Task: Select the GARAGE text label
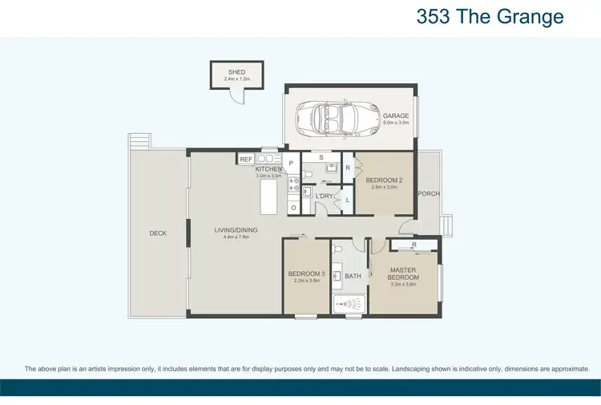[395, 115]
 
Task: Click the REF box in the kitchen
[246, 160]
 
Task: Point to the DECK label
[158, 233]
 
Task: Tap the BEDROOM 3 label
[306, 274]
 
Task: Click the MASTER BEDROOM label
[405, 273]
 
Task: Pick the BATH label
[353, 276]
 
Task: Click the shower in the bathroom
[349, 304]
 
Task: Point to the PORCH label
[429, 193]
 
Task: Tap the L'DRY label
[325, 196]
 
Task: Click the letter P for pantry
[292, 163]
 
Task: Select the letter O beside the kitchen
[292, 207]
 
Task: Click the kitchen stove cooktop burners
[292, 186]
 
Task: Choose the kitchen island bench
[271, 196]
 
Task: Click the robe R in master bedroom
[413, 245]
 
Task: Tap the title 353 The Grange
[490, 17]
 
